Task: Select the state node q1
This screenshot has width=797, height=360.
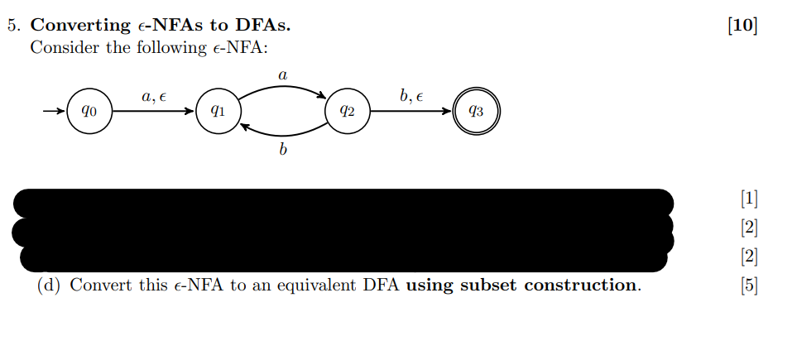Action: coord(216,111)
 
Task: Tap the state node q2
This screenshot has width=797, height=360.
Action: coord(348,111)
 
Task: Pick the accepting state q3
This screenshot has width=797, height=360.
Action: coord(477,111)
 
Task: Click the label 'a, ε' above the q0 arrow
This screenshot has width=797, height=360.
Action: coord(154,97)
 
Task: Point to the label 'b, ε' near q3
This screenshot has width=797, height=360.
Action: coord(411,97)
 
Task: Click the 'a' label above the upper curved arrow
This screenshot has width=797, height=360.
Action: coord(282,75)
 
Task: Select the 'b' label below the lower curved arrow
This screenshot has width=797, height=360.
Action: coord(282,151)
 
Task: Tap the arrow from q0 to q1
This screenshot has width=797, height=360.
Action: coord(149,111)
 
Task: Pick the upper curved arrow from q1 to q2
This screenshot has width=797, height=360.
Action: coord(282,88)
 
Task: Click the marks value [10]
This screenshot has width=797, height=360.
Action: coord(742,26)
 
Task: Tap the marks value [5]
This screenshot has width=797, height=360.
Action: coord(749,286)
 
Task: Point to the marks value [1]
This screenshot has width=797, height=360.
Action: coord(749,198)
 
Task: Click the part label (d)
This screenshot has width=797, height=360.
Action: coord(50,286)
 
